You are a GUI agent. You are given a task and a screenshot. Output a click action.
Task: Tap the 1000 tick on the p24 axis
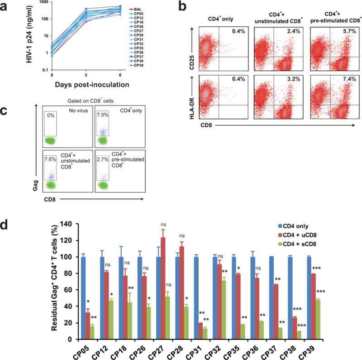(43, 3)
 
